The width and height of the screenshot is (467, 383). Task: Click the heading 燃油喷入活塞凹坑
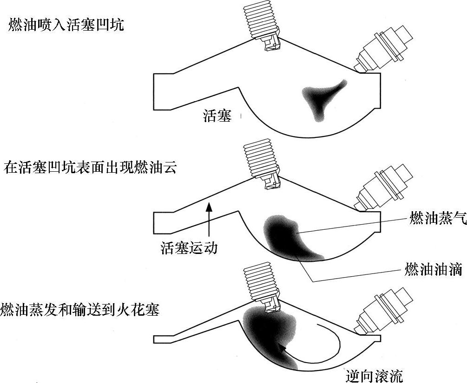tap(66, 25)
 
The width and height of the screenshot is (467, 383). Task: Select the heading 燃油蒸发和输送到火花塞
tap(80, 309)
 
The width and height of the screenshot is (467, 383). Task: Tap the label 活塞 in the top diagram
tap(217, 116)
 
